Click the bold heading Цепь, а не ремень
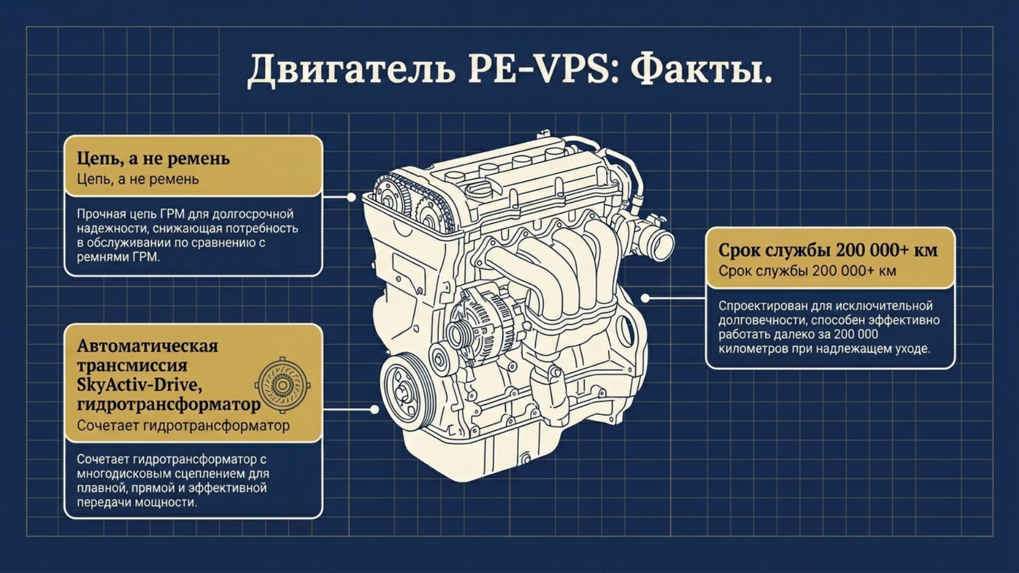point(154,159)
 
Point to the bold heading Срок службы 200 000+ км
point(828,250)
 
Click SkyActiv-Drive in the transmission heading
point(140,385)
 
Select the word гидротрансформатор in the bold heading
point(169,404)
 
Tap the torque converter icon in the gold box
point(283,385)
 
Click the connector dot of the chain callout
point(351,197)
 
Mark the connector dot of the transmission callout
point(375,409)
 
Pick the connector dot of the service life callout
point(645,298)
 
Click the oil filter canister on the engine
point(549,384)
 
